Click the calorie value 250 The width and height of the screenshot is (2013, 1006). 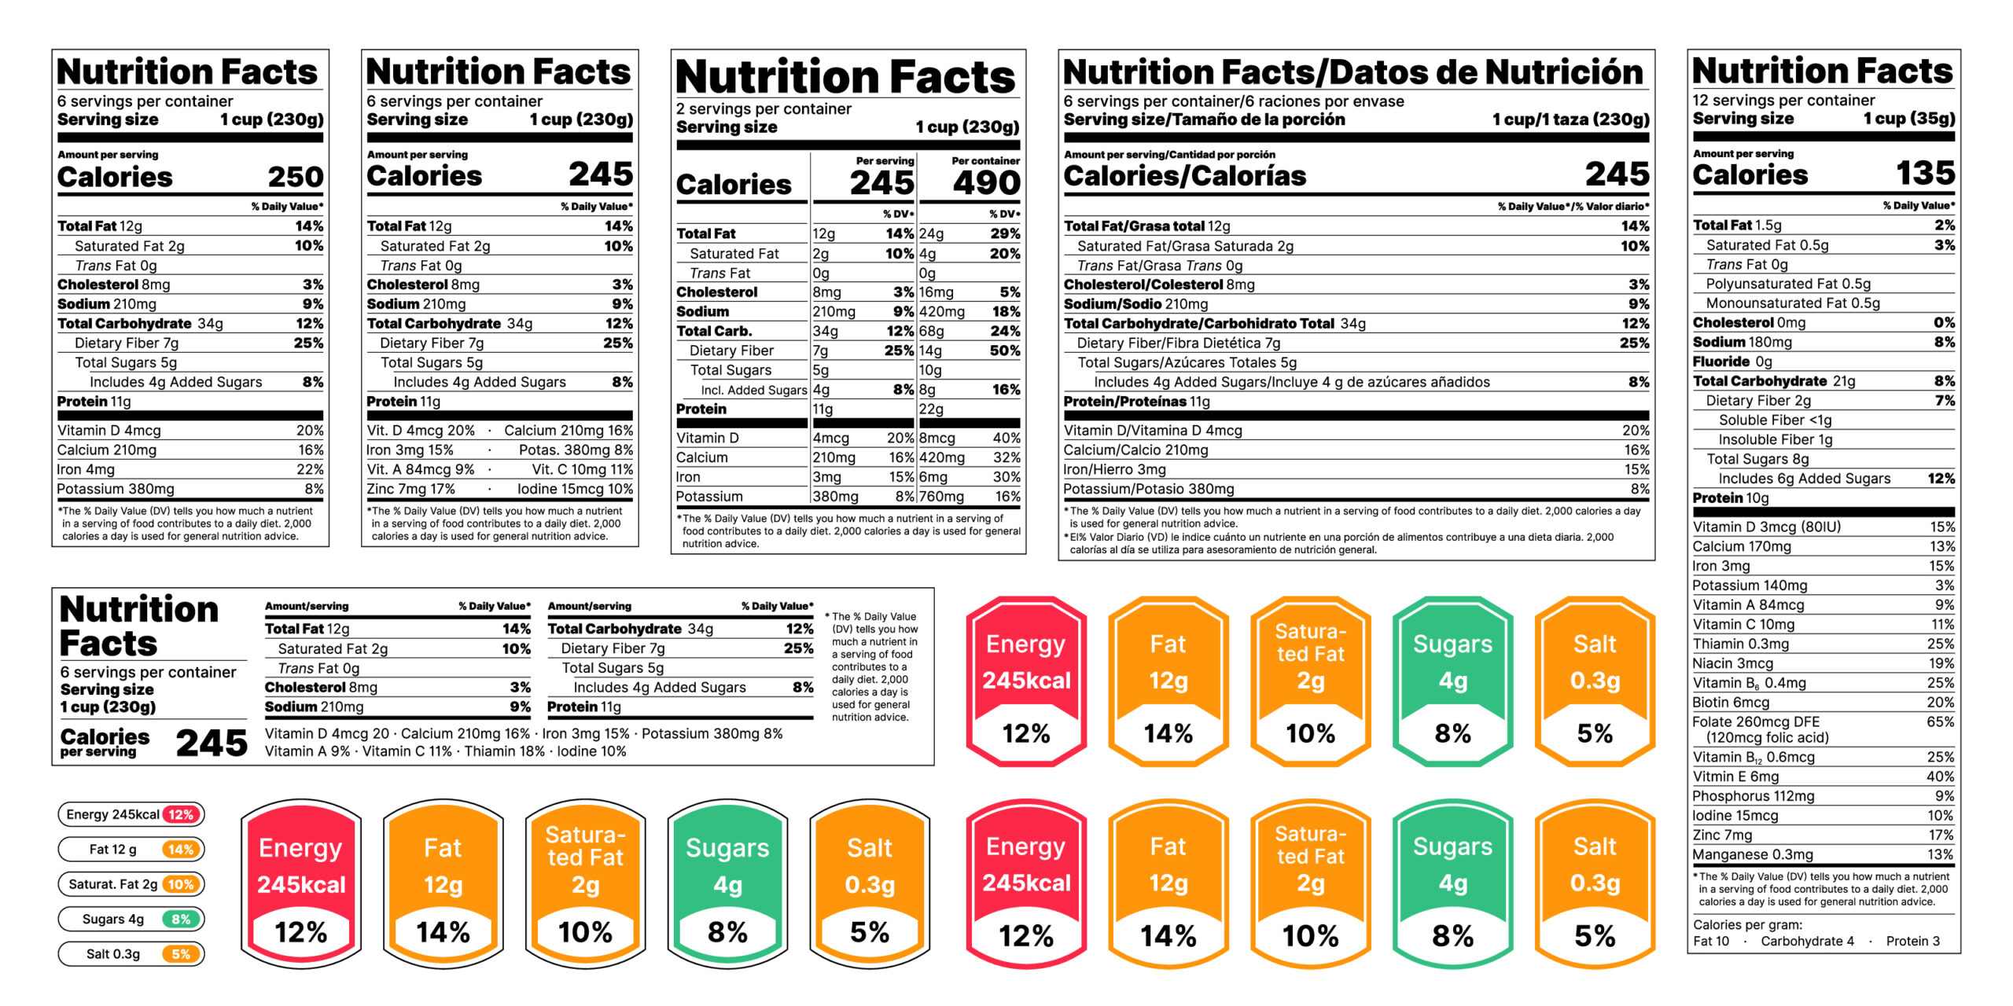point(295,177)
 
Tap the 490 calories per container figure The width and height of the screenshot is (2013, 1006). point(986,184)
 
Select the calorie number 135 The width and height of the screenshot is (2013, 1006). point(1924,173)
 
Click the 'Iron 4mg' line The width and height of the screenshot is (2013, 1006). point(86,469)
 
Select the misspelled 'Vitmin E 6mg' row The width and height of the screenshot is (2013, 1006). point(1735,777)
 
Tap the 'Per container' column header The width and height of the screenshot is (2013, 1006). point(985,161)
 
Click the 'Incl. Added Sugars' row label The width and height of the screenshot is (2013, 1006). point(753,390)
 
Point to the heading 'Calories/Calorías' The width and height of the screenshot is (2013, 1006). point(1184,176)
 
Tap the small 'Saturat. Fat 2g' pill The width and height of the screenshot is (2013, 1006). point(113,884)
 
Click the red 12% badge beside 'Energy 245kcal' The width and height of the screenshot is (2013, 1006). point(181,815)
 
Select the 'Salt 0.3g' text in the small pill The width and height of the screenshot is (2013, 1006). point(113,954)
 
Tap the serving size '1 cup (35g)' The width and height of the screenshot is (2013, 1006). point(1908,119)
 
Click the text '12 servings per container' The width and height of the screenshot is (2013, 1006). point(1783,101)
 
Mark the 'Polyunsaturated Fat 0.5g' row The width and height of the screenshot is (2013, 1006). point(1788,284)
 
